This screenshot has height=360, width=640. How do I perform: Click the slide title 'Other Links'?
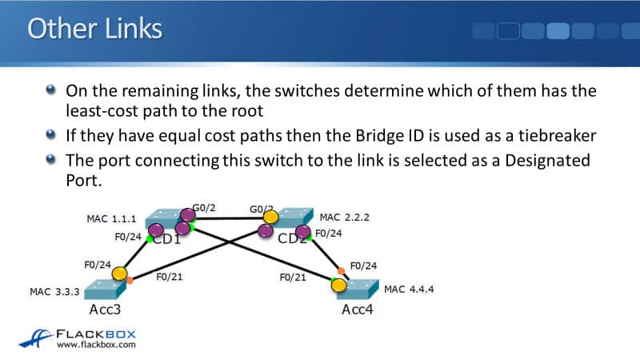click(x=94, y=29)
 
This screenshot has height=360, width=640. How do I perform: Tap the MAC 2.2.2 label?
click(x=345, y=218)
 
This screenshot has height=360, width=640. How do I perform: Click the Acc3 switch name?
click(x=104, y=310)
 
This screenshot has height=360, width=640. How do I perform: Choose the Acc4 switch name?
click(x=358, y=310)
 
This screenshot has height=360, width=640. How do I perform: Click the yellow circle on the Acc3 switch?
click(x=119, y=274)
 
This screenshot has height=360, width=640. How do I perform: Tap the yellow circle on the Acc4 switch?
click(x=339, y=285)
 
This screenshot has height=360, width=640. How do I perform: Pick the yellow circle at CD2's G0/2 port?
click(x=271, y=217)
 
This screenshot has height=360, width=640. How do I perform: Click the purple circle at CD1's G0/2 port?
click(x=188, y=214)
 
